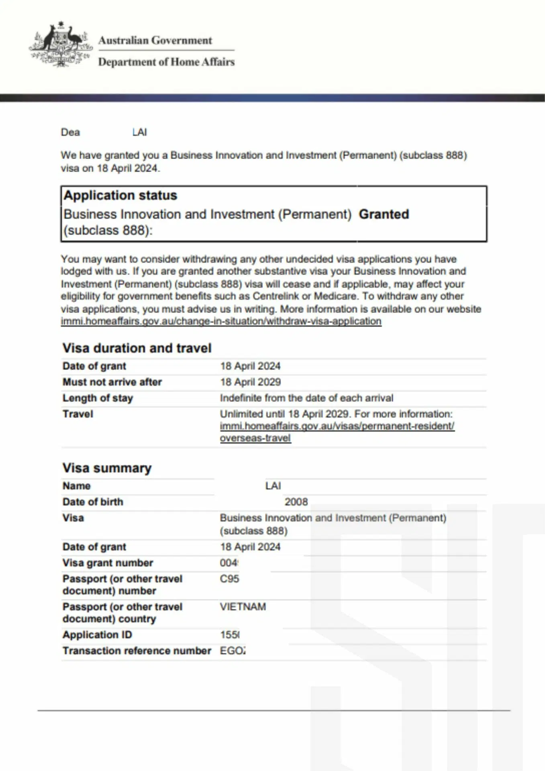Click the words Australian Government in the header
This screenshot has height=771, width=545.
(x=155, y=41)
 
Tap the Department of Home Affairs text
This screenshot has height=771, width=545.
(x=166, y=62)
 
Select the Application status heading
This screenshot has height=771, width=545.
(x=120, y=196)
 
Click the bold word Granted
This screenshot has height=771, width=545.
(x=384, y=214)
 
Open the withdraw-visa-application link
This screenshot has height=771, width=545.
(x=221, y=321)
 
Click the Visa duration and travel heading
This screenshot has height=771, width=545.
(x=137, y=348)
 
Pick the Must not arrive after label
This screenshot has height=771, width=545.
(x=112, y=382)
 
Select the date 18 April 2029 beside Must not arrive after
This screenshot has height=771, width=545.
(x=250, y=382)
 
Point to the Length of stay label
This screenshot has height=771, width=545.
(x=98, y=398)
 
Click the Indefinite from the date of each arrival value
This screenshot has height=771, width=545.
(x=306, y=398)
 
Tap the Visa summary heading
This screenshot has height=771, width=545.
(x=107, y=468)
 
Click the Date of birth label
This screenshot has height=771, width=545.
(x=93, y=502)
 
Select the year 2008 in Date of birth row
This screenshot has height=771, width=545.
(x=296, y=502)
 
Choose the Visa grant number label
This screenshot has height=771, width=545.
(x=108, y=563)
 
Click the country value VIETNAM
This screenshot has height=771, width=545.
(x=243, y=606)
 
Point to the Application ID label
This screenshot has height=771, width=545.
(x=97, y=634)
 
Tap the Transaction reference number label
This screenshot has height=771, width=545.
(x=137, y=651)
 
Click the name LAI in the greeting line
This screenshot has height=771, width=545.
(x=139, y=132)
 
